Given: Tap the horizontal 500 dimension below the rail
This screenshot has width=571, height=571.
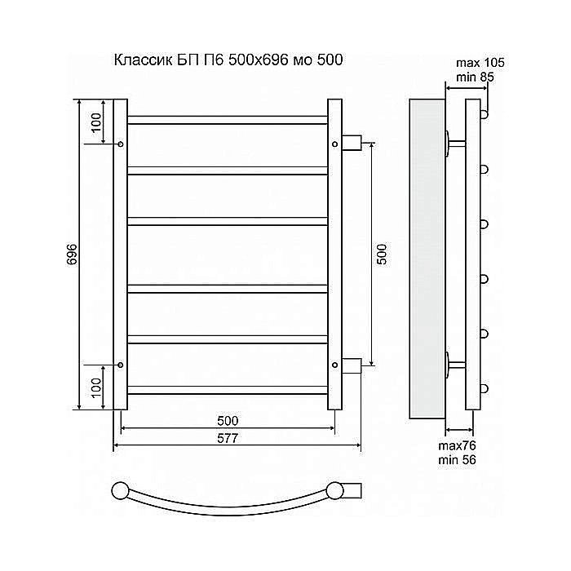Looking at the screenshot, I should click(228, 420).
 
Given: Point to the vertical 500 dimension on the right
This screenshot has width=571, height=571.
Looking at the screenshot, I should click(380, 254).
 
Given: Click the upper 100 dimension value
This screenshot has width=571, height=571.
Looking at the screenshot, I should click(96, 122).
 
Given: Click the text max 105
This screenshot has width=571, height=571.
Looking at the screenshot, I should click(481, 64).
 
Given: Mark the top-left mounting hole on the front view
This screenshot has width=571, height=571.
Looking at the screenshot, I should click(121, 144).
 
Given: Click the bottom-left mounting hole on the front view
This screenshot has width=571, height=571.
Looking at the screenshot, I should click(121, 365).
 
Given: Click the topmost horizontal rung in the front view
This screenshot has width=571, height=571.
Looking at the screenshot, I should click(228, 120).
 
